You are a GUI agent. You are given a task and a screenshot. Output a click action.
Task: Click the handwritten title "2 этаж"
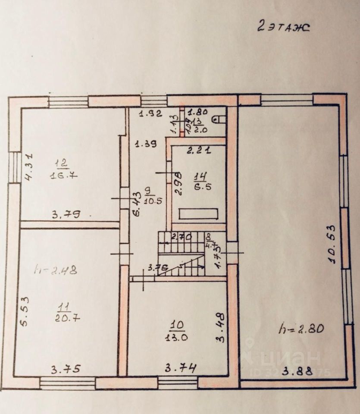point(283,27)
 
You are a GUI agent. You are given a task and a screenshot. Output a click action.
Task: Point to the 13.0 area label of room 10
point(176,337)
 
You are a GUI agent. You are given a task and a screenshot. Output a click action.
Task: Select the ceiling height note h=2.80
point(301,328)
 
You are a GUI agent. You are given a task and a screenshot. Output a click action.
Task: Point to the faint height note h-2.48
point(56,270)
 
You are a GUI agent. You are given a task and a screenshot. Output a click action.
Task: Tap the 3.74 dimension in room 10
point(181,368)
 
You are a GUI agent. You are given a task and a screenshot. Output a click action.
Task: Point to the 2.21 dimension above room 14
point(198,151)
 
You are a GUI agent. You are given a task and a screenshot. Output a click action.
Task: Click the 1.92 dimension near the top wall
point(150,114)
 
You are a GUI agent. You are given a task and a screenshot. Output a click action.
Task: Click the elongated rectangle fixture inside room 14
point(198,214)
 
